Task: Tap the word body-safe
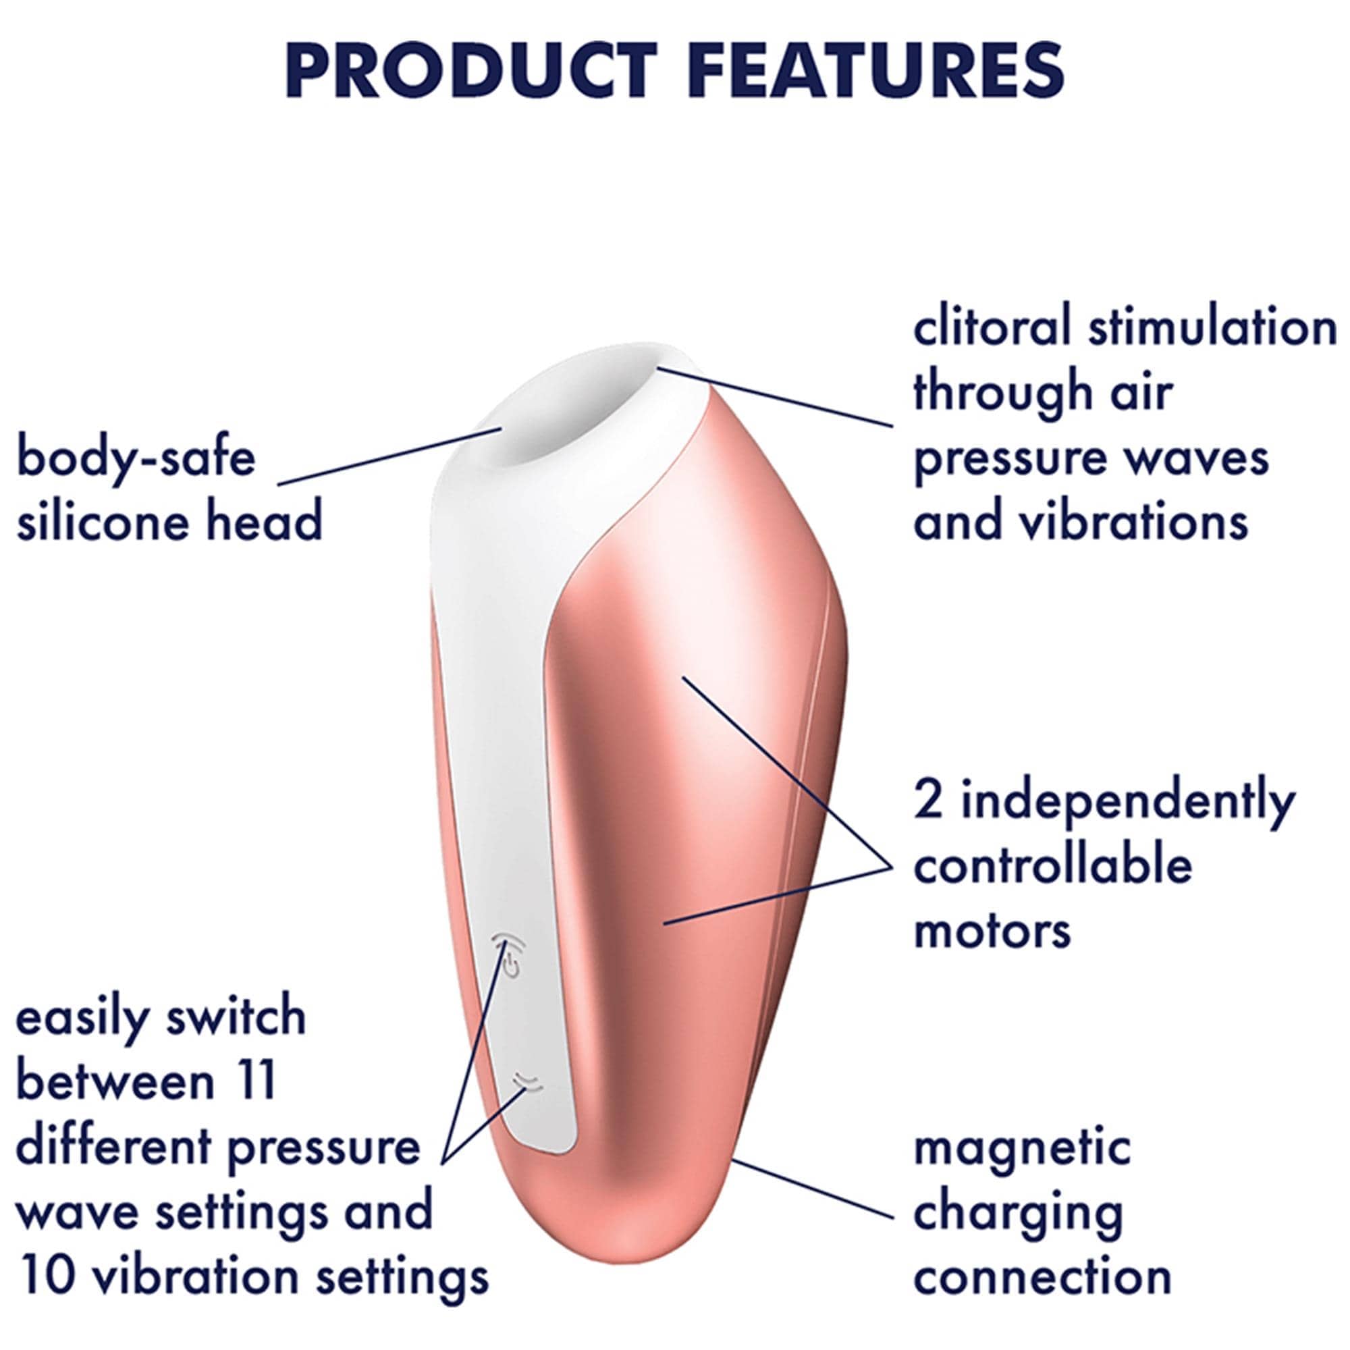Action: [136, 458]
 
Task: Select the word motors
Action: [992, 930]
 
